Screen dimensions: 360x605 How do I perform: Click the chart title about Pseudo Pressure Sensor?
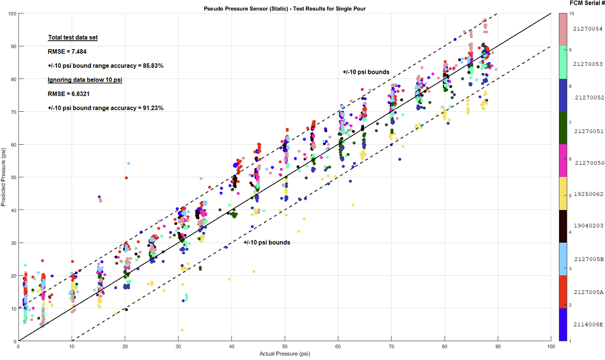click(x=285, y=7)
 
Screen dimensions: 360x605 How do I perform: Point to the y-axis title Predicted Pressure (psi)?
click(x=5, y=177)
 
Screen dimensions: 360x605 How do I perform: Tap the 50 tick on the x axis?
click(x=284, y=346)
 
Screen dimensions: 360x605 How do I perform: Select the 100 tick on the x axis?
click(x=550, y=346)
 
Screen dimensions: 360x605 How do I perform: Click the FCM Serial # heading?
click(x=587, y=4)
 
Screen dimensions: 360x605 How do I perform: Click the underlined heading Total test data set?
click(x=72, y=37)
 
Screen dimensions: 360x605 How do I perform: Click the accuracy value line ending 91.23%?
click(x=105, y=107)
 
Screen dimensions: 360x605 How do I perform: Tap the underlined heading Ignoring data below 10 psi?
click(x=85, y=79)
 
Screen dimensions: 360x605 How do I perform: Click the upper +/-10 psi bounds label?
click(x=366, y=72)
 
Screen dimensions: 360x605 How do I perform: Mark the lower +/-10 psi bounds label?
click(x=266, y=242)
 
